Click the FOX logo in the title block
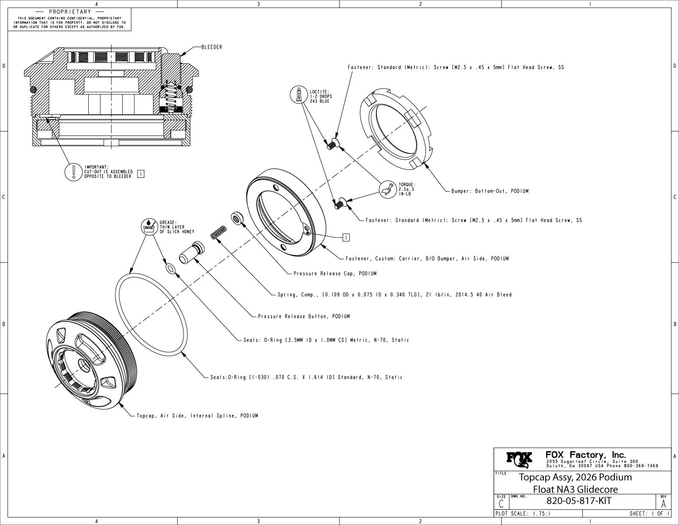(x=520, y=459)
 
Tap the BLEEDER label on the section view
(x=212, y=47)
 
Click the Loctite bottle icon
(x=298, y=95)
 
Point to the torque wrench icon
(x=389, y=189)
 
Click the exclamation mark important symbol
(x=73, y=172)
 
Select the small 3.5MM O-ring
(x=170, y=269)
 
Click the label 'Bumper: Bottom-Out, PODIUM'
(x=490, y=191)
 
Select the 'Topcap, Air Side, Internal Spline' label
(x=197, y=416)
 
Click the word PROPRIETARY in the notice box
(x=70, y=12)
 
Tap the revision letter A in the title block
(x=664, y=503)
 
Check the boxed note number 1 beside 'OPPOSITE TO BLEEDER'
(x=141, y=174)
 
